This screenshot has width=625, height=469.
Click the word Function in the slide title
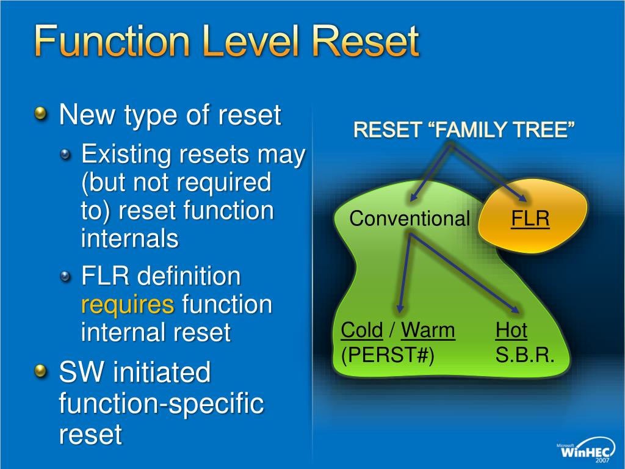(107, 42)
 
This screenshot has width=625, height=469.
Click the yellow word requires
(128, 304)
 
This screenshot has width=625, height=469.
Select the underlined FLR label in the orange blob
(530, 218)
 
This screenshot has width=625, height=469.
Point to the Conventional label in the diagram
(410, 219)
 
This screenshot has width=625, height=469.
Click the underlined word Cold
(361, 330)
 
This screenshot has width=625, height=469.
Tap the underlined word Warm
(428, 330)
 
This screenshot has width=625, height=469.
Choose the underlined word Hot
(511, 330)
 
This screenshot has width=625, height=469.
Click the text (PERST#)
(388, 355)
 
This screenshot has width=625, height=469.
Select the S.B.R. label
(525, 355)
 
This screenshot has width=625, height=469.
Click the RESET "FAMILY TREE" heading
(464, 129)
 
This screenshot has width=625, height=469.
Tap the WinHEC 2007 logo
(585, 451)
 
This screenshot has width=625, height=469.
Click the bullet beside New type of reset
(40, 114)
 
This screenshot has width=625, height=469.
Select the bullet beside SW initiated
(40, 371)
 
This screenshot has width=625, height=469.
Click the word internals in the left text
(129, 239)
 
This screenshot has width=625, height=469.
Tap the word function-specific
(161, 404)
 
